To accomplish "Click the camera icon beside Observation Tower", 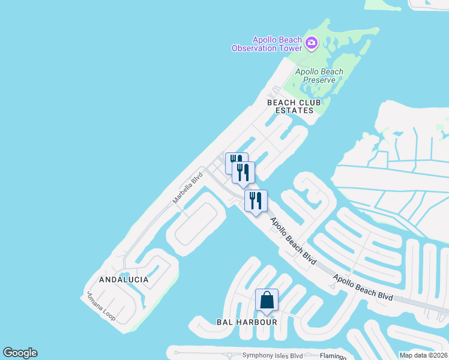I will point(311,43).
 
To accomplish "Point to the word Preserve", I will point(319,80).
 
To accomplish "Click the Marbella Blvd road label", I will point(188,190).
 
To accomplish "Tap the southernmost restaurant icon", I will point(256,201).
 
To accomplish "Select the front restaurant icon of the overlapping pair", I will point(244,172).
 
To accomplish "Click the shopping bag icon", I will point(267,300).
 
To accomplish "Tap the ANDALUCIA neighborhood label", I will point(124,280).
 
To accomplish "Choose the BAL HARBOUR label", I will point(247,322).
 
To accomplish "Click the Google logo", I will point(20,353).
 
